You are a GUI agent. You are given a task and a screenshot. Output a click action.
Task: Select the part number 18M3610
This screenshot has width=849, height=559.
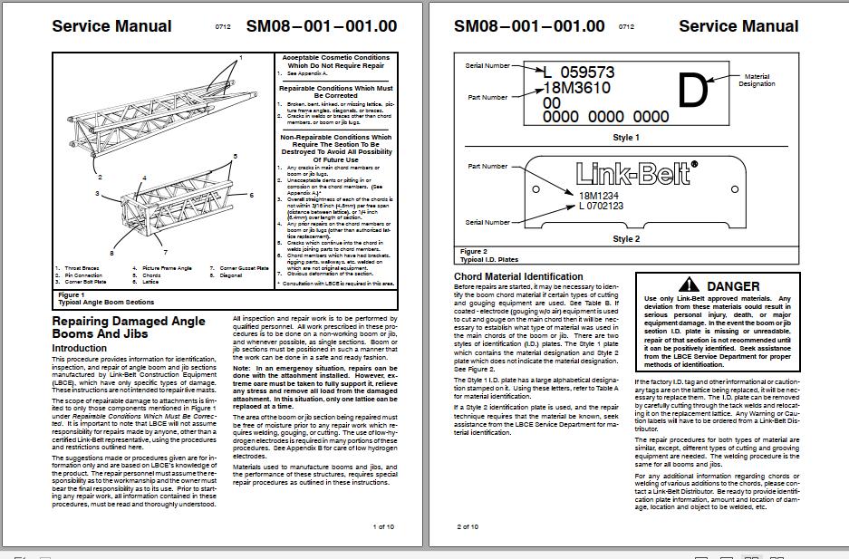pyautogui.click(x=576, y=88)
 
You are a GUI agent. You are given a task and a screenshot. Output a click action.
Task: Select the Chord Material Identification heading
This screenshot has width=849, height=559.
pyautogui.click(x=518, y=276)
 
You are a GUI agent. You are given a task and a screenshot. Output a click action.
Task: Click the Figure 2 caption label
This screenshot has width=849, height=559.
pyautogui.click(x=473, y=251)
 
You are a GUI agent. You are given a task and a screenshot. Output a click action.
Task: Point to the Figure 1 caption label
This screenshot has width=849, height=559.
pyautogui.click(x=71, y=294)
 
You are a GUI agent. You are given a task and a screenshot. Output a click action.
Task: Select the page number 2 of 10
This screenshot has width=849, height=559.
pyautogui.click(x=468, y=525)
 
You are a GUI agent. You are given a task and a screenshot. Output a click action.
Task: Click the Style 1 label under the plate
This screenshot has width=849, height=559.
pyautogui.click(x=625, y=138)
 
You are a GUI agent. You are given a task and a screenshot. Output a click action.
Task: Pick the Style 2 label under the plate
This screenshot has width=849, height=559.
pyautogui.click(x=625, y=239)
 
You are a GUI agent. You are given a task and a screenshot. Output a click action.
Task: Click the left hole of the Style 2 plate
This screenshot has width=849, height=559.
pyautogui.click(x=535, y=189)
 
